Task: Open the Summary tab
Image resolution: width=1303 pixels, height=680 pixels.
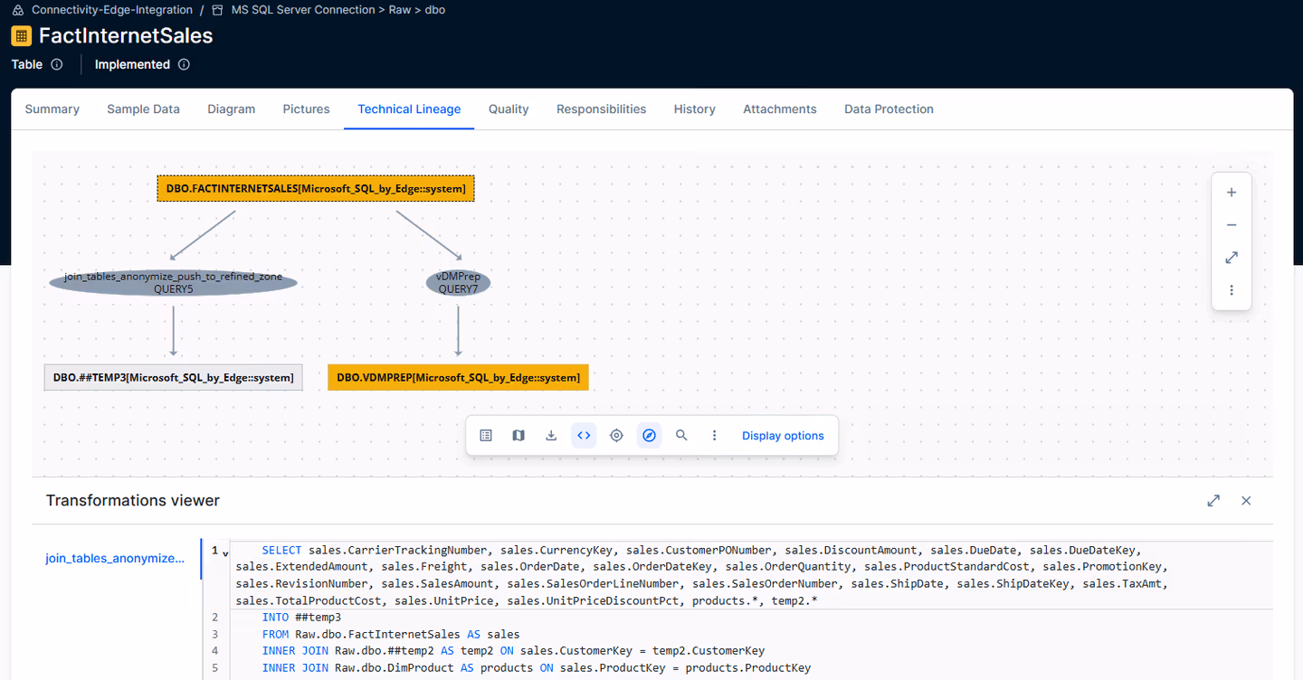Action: (x=52, y=109)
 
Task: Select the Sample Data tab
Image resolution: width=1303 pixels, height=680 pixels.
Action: (x=143, y=109)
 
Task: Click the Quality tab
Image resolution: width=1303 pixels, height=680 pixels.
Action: (x=509, y=109)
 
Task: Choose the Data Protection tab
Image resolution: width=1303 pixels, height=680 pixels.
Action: (x=889, y=109)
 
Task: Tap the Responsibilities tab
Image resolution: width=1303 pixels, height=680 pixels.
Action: (x=601, y=109)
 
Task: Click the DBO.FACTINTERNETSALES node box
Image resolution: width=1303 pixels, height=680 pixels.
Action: (x=316, y=188)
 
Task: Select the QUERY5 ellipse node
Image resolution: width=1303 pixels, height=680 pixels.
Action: (x=174, y=282)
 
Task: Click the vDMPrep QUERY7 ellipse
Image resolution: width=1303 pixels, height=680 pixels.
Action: (x=458, y=282)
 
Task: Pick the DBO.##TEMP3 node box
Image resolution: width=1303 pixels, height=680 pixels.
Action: (x=174, y=377)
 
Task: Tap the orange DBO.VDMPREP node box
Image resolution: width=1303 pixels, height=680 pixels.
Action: (x=458, y=377)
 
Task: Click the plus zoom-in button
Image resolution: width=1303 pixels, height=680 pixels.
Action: (x=1232, y=193)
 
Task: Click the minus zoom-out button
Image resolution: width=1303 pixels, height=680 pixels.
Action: (x=1232, y=225)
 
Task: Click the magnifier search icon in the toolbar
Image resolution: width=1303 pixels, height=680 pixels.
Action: (x=681, y=435)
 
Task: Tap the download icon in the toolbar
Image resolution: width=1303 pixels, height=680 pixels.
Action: (x=551, y=435)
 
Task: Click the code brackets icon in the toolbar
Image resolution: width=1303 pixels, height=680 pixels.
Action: (x=584, y=435)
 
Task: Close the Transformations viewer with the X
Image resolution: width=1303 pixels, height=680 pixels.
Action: (x=1246, y=500)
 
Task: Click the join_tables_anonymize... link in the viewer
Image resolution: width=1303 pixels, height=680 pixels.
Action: (x=115, y=558)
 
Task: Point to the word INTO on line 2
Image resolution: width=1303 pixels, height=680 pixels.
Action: (x=275, y=618)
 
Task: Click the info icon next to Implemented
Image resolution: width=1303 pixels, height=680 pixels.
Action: (x=184, y=64)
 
